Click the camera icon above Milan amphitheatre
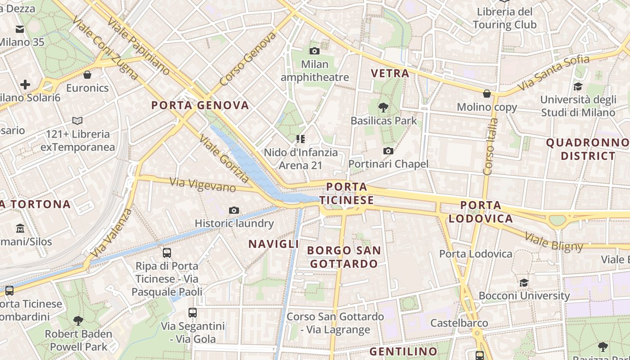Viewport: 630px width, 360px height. click(315, 51)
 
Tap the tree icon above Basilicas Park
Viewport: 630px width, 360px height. click(383, 107)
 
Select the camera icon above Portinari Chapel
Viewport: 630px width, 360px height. click(388, 151)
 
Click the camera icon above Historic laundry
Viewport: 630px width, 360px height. click(234, 210)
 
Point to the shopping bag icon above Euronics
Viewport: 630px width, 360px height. click(87, 74)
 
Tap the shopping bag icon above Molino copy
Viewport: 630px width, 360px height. click(486, 94)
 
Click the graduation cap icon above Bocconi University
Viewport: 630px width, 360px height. click(524, 283)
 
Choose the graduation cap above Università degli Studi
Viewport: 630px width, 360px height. click(578, 86)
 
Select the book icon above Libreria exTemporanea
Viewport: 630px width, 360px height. click(77, 121)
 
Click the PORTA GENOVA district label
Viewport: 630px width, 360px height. click(200, 105)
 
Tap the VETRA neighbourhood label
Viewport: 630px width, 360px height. click(390, 73)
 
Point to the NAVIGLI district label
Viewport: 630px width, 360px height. click(274, 244)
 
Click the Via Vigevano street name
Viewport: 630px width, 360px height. click(202, 184)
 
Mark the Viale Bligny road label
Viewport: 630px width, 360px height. click(553, 241)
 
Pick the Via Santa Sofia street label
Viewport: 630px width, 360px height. click(553, 72)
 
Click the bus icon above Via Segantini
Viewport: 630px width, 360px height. click(193, 312)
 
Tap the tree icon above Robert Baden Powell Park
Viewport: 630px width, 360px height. click(78, 320)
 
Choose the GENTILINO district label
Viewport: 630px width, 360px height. click(403, 351)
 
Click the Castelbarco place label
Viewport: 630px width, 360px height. click(459, 323)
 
